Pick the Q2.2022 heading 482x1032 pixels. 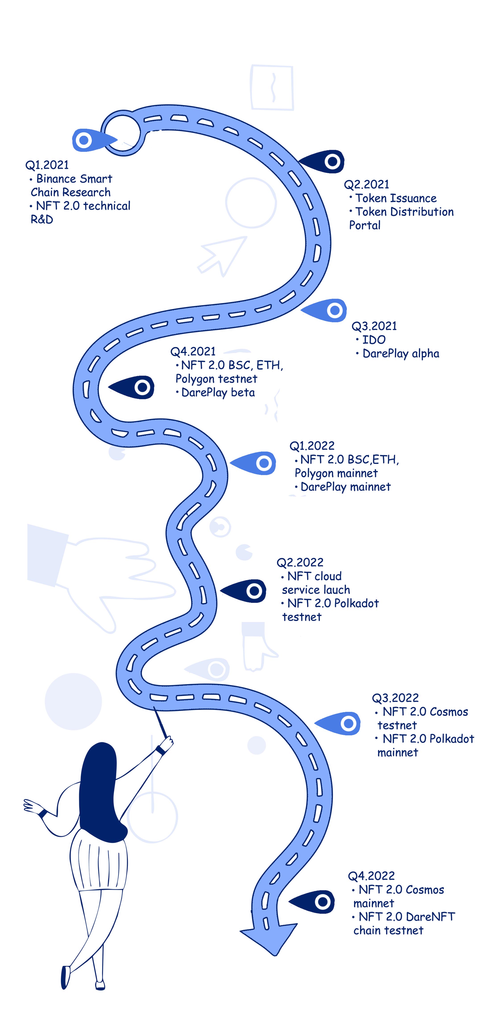300,563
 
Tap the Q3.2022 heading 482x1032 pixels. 395,698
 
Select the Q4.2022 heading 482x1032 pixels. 371,876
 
